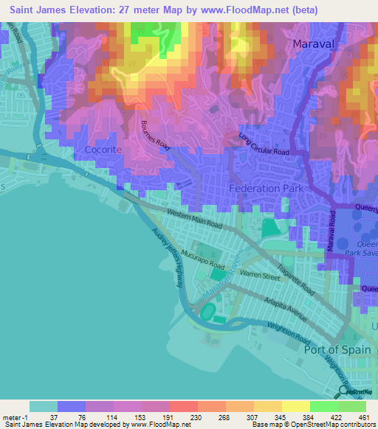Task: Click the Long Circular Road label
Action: (264, 144)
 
